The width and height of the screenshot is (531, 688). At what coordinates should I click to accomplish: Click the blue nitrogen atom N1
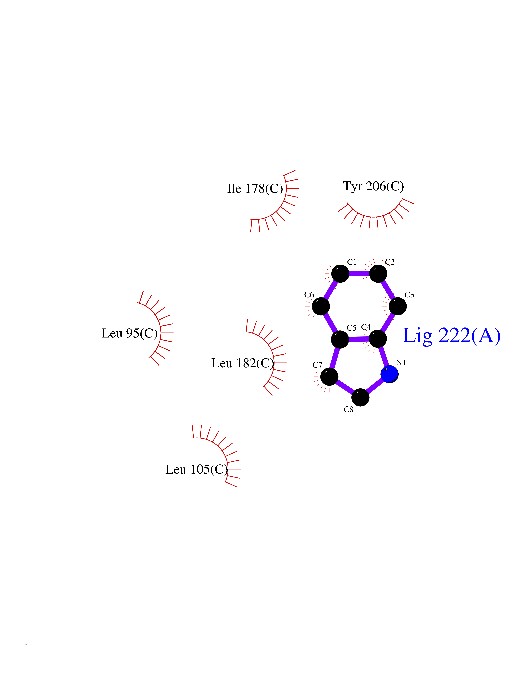pyautogui.click(x=389, y=374)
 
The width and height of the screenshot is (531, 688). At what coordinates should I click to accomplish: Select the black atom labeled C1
pyautogui.click(x=340, y=273)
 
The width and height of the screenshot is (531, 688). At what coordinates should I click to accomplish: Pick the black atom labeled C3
pyautogui.click(x=398, y=306)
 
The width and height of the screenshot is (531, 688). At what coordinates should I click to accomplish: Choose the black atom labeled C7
pyautogui.click(x=329, y=376)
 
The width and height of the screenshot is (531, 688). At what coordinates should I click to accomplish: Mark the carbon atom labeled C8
pyautogui.click(x=360, y=397)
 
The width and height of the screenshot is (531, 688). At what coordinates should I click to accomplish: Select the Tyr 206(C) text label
pyautogui.click(x=373, y=186)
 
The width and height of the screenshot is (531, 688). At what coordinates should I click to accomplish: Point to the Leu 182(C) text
pyautogui.click(x=243, y=363)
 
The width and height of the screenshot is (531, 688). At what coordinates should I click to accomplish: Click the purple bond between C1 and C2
pyautogui.click(x=359, y=273)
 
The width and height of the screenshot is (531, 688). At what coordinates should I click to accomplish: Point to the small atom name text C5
pyautogui.click(x=351, y=328)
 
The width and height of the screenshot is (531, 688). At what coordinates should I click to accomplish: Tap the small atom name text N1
pyautogui.click(x=401, y=363)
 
